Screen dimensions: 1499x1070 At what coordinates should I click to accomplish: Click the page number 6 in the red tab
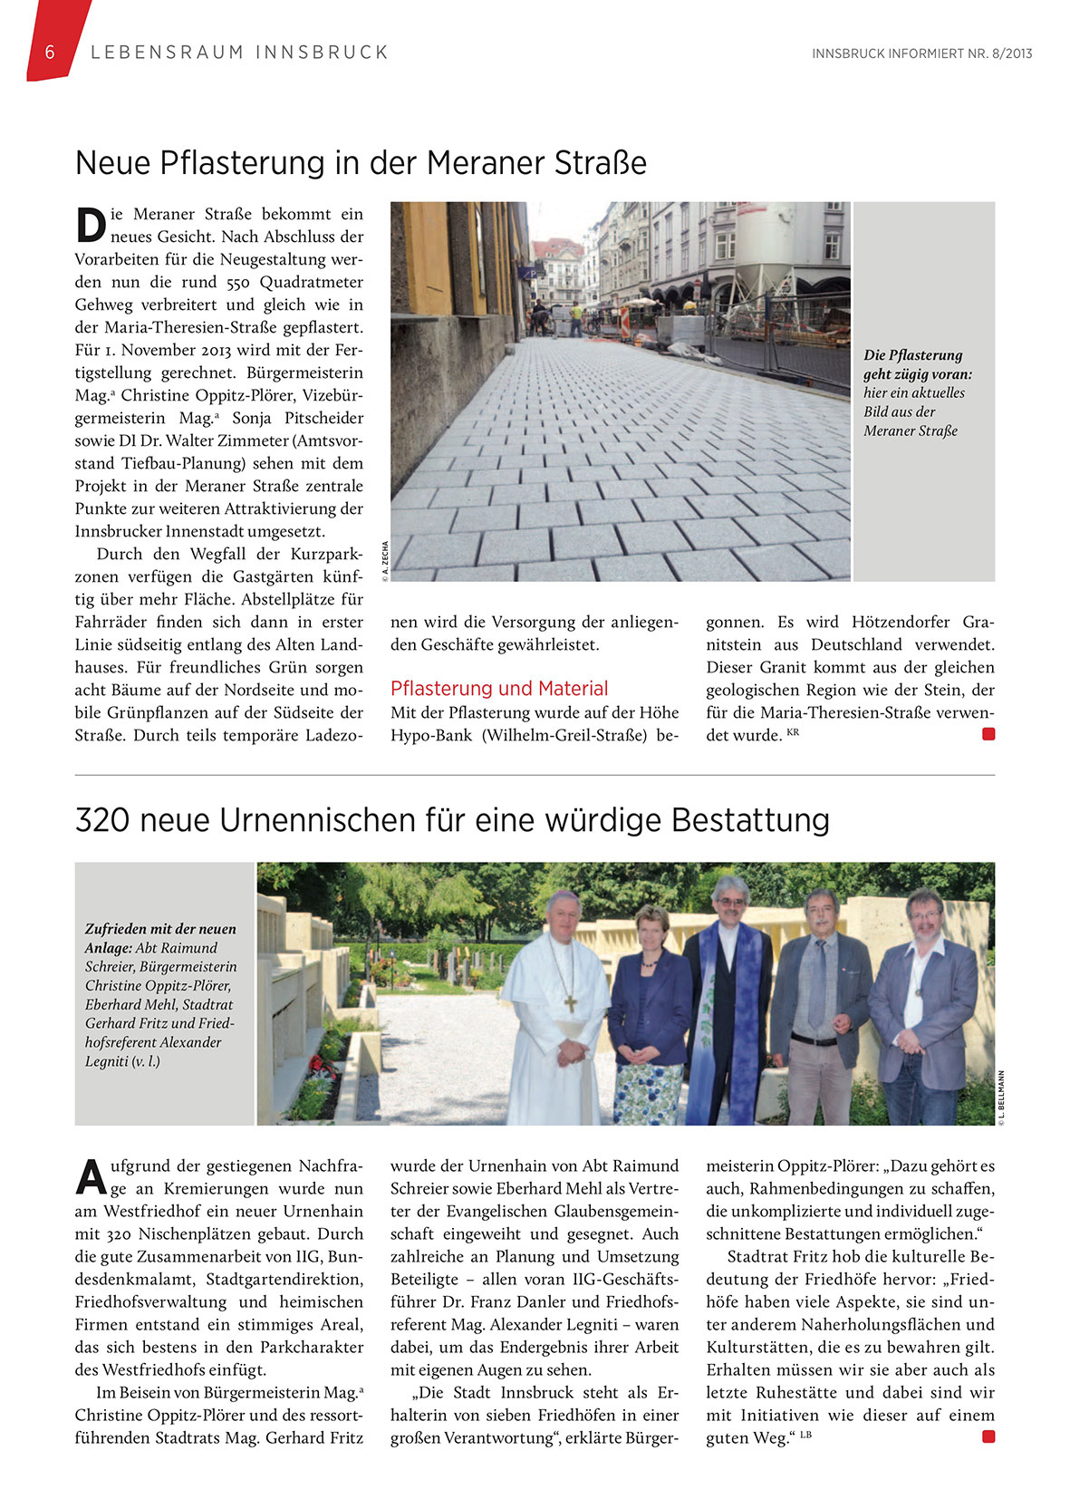click(50, 52)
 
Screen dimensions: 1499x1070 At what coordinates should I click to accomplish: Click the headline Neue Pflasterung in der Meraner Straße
click(361, 163)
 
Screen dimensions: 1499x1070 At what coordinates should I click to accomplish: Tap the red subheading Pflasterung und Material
click(499, 689)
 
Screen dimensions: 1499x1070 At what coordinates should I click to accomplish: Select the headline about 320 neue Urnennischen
click(452, 820)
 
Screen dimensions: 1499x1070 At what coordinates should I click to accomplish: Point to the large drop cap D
click(91, 226)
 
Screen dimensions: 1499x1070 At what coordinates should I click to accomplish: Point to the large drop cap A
click(91, 1177)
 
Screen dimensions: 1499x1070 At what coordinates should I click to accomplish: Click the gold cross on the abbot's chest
click(571, 1003)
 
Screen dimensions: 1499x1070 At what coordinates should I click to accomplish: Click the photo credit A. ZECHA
click(385, 559)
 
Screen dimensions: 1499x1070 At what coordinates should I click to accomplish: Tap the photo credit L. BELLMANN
click(1001, 1098)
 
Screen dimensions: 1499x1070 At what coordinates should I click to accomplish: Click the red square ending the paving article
click(988, 734)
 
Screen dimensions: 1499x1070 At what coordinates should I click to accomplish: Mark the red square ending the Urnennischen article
click(988, 1436)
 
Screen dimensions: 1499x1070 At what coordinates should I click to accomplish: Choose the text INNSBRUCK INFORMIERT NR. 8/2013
click(921, 53)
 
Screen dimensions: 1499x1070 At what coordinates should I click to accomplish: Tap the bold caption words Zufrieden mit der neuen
click(160, 929)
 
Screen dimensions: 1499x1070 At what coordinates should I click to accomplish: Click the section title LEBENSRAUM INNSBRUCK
click(240, 53)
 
